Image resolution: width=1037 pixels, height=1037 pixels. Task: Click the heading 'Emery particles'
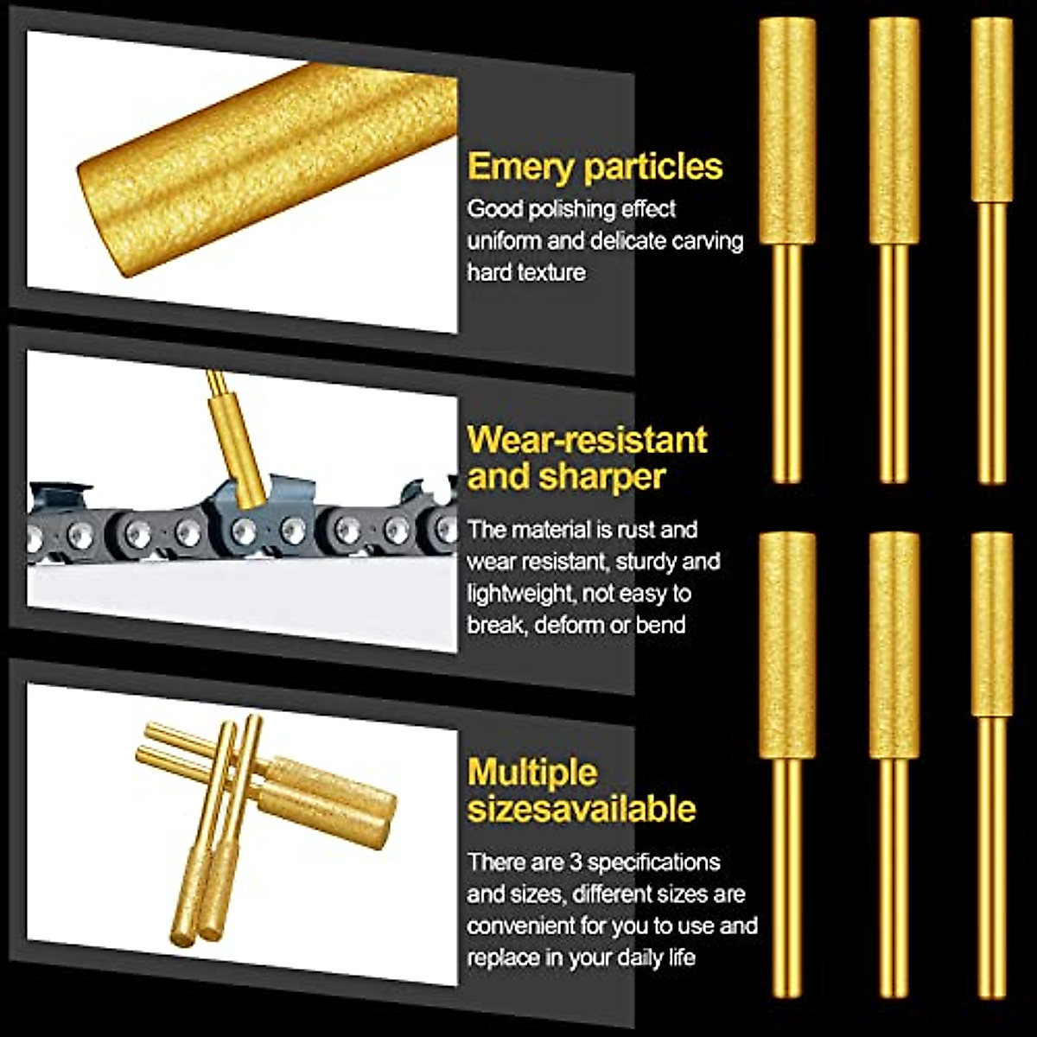pos(595,167)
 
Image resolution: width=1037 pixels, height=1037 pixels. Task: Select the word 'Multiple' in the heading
pos(532,772)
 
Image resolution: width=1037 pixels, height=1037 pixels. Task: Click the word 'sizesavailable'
pos(582,809)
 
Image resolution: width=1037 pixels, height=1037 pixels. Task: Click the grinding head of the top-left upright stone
pos(787,130)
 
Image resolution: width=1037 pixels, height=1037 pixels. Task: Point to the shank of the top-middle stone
pos(894,363)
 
